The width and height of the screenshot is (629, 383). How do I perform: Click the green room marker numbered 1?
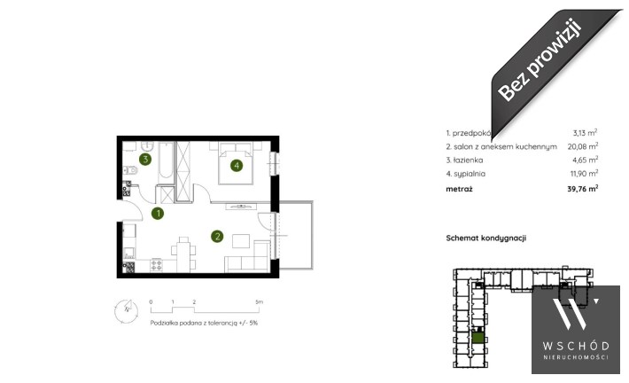point(158,213)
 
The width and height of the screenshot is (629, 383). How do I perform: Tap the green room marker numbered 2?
point(217,236)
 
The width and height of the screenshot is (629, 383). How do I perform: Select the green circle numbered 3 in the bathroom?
point(145,159)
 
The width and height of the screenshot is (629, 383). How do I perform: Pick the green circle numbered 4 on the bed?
point(237,165)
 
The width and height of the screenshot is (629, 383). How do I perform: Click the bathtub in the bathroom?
point(165,161)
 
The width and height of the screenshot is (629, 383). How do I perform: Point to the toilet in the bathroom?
point(130,170)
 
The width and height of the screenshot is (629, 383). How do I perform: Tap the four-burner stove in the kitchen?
point(157,265)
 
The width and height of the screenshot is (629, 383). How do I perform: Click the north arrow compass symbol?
point(126,310)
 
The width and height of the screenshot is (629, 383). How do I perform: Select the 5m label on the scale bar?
point(260,301)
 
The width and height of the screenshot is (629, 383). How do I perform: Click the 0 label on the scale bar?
point(151,301)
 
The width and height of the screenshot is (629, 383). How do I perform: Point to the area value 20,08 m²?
point(583,146)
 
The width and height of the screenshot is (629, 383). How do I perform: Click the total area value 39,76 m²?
point(583,188)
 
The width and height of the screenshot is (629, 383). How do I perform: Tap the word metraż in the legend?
point(459,189)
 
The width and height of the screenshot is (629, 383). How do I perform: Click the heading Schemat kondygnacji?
point(486,238)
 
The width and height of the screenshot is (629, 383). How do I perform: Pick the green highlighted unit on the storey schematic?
point(478,336)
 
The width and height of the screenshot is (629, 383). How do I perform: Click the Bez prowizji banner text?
point(540,60)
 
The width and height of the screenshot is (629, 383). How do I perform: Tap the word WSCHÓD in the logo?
point(576,346)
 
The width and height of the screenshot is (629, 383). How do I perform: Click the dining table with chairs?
point(183,254)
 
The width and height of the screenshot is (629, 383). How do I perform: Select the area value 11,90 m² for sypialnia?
point(585,174)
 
